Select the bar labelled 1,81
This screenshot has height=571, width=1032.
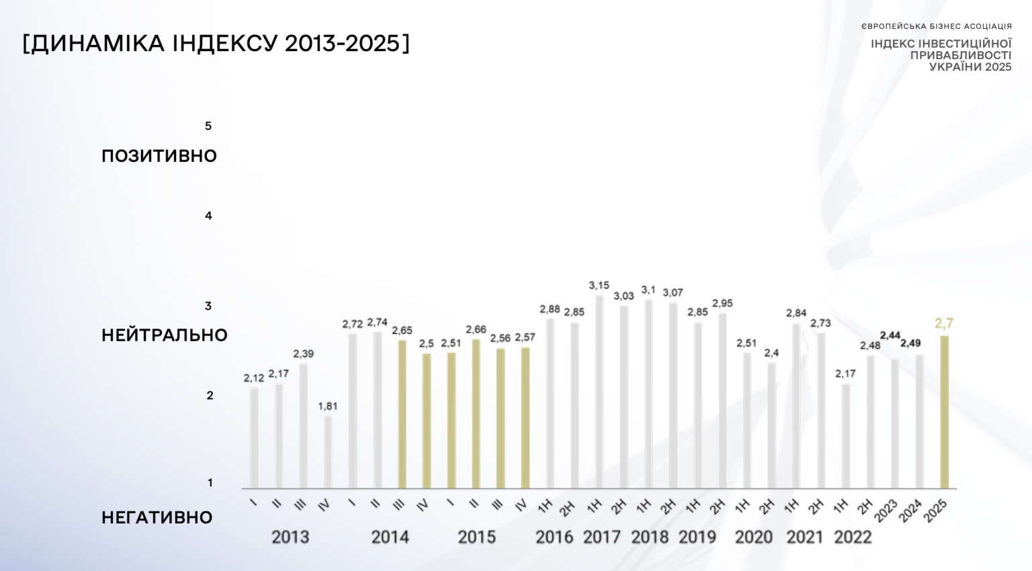(328, 451)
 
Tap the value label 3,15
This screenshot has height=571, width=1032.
(599, 285)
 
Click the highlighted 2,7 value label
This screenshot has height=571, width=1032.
(944, 324)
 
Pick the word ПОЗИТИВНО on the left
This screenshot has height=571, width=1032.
(159, 156)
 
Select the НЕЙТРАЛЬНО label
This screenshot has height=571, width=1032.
(165, 335)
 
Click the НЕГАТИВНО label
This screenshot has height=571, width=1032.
(157, 517)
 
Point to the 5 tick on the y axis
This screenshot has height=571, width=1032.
(208, 126)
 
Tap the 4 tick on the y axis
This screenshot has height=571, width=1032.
(208, 216)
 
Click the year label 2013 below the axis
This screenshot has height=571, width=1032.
(290, 537)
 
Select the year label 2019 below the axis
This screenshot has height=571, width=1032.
(697, 537)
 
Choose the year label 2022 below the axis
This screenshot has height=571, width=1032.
(853, 537)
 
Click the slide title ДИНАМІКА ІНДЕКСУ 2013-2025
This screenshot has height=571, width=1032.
(216, 44)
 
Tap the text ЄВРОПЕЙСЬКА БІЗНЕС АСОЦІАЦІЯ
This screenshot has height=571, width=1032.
(936, 27)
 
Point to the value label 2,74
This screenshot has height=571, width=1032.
(377, 322)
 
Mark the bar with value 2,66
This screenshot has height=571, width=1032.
(476, 413)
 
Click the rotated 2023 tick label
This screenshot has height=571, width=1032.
(886, 511)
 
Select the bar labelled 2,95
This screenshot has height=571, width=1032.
(722, 400)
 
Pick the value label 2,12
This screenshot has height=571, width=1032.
(254, 378)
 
